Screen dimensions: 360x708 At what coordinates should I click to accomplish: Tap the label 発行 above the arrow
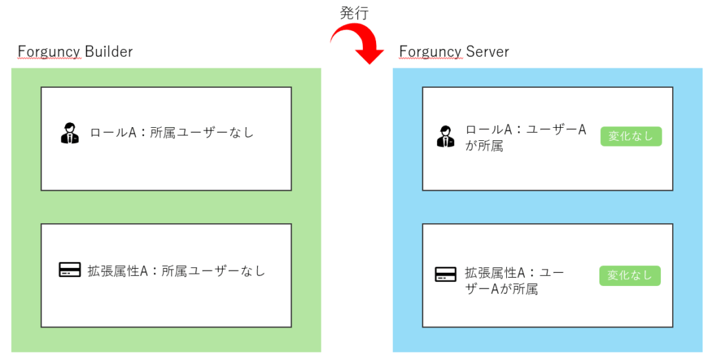pyautogui.click(x=355, y=12)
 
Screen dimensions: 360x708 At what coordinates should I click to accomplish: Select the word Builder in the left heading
pyautogui.click(x=109, y=51)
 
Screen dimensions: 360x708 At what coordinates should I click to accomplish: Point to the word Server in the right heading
pyautogui.click(x=488, y=51)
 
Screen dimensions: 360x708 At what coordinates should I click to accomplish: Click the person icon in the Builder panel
pyautogui.click(x=70, y=133)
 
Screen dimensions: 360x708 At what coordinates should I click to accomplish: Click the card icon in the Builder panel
pyautogui.click(x=70, y=269)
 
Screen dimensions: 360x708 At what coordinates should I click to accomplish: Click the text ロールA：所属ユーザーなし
pyautogui.click(x=172, y=133)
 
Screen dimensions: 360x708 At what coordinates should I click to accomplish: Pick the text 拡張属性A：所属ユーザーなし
pyautogui.click(x=176, y=271)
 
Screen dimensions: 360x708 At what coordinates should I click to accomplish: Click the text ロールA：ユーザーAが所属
pyautogui.click(x=525, y=138)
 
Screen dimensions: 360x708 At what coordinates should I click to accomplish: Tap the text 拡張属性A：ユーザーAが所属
pyautogui.click(x=514, y=281)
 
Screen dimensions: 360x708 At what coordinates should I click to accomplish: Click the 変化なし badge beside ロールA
pyautogui.click(x=631, y=136)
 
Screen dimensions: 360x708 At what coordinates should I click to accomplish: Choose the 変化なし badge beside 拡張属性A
pyautogui.click(x=629, y=275)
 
